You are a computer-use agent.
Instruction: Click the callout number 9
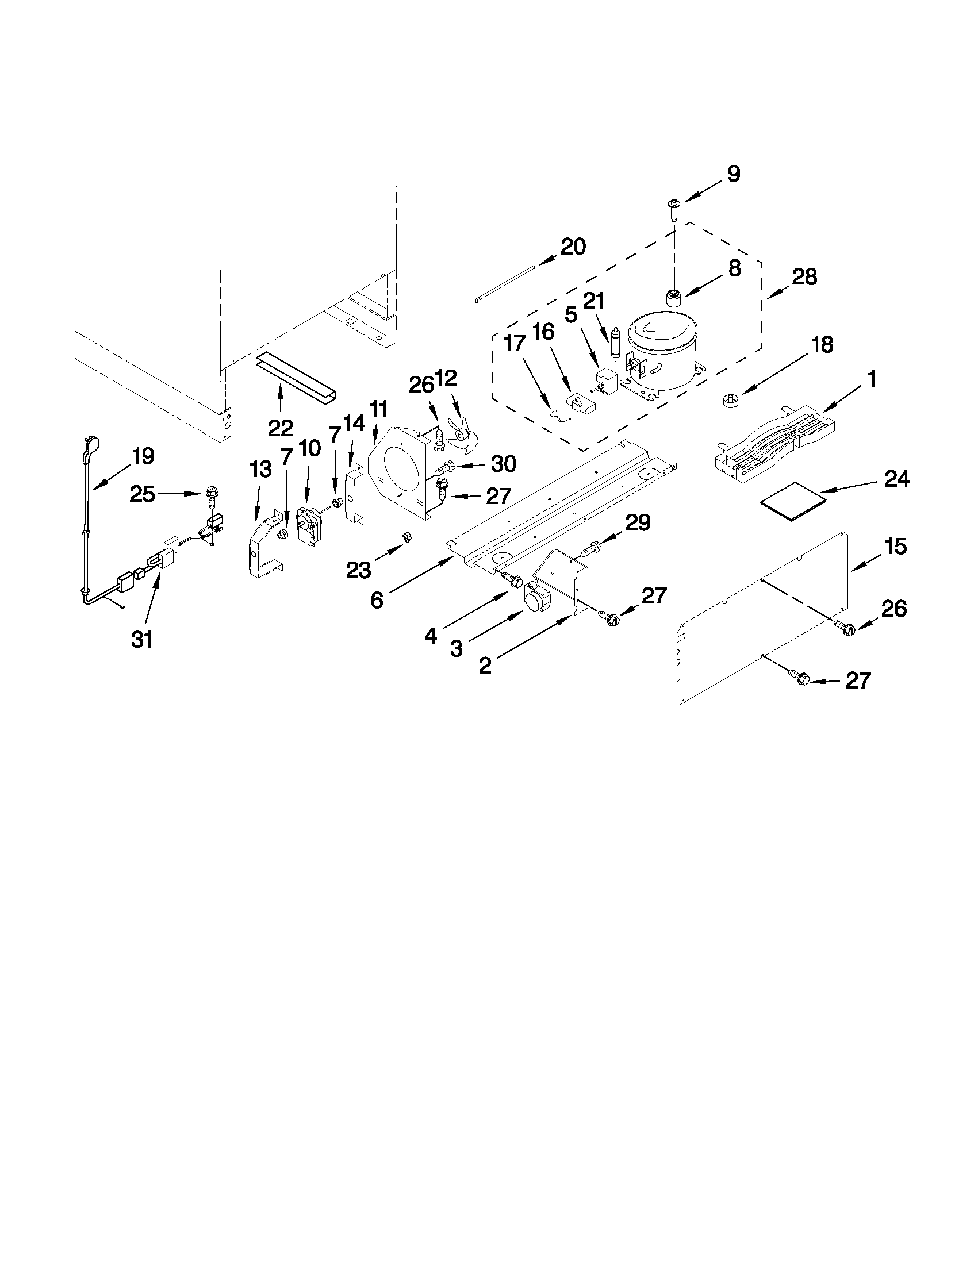point(734,174)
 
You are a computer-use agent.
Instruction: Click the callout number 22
point(281,429)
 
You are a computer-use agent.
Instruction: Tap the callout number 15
point(896,546)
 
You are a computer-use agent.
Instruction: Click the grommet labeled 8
point(673,298)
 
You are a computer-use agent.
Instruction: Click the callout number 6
point(377,601)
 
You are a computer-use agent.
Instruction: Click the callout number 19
point(143,456)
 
